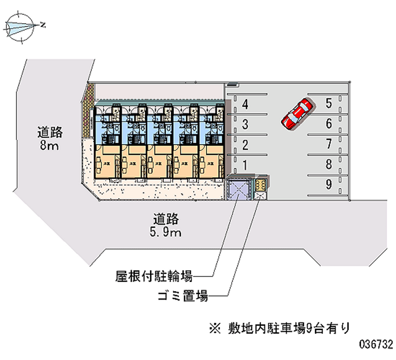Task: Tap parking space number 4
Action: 245,104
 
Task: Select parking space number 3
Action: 245,124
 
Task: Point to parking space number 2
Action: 245,145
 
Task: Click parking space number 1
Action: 245,165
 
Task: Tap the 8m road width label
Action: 49,139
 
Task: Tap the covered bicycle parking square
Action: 239,189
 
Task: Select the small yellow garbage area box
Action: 260,185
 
